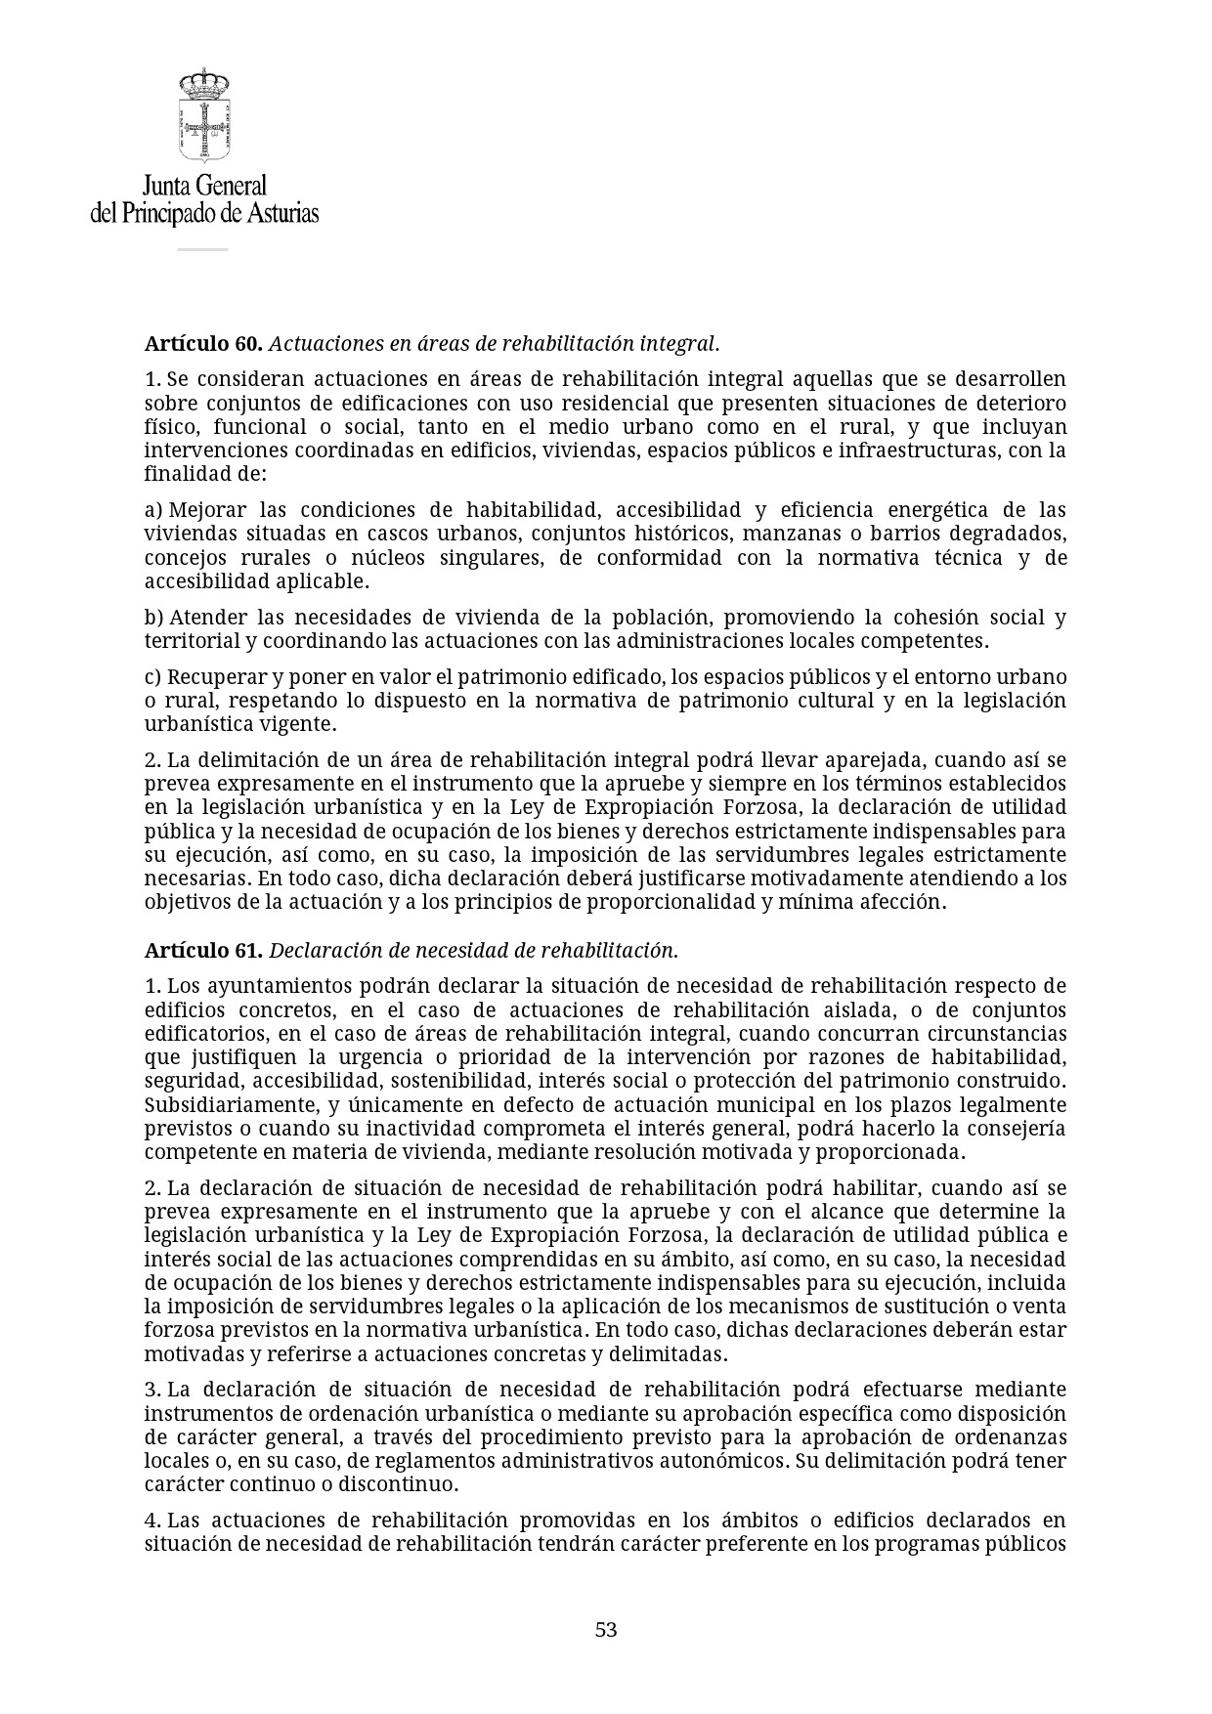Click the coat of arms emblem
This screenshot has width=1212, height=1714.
point(203,115)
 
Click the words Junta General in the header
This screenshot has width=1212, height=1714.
point(204,186)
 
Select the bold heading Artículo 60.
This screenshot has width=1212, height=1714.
point(203,344)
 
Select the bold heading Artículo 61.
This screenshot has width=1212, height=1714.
point(203,951)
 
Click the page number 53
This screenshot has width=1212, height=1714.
point(606,1630)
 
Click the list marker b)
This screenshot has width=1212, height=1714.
point(153,618)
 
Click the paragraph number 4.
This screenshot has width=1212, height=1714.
point(152,1521)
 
